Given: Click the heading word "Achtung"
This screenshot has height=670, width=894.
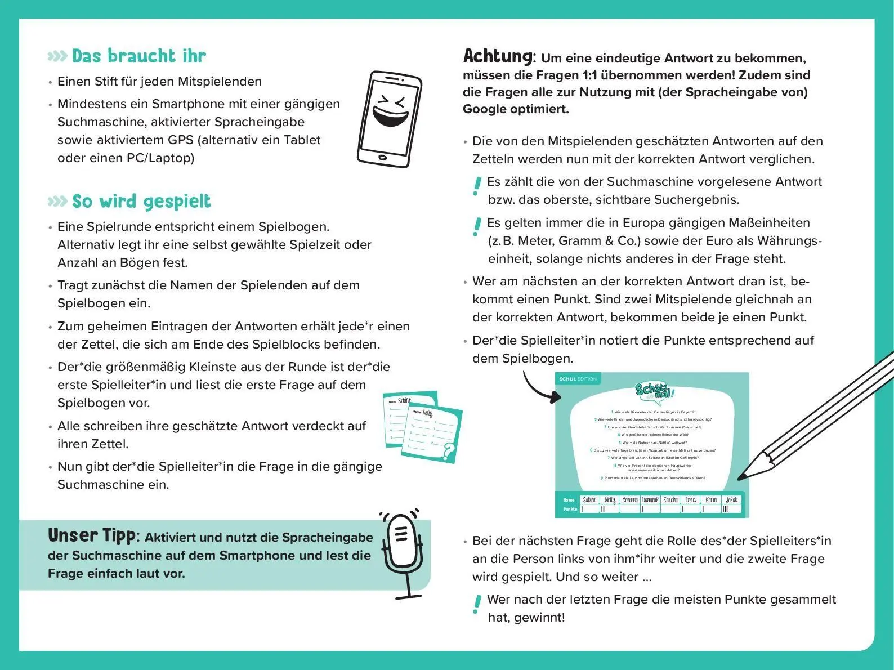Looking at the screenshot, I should (497, 56).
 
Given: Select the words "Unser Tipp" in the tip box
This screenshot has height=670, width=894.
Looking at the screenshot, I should (91, 535).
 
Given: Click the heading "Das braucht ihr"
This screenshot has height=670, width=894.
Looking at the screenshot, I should (138, 56).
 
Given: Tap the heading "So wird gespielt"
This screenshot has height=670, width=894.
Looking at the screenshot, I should (141, 201).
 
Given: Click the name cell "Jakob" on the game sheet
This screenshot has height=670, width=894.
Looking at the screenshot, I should (731, 499).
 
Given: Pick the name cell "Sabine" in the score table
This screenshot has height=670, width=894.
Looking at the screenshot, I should (589, 499).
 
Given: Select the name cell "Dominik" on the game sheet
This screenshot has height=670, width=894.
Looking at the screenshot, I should (650, 499).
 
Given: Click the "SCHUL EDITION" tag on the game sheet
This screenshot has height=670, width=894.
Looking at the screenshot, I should (578, 379).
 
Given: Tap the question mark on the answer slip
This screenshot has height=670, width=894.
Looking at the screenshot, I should (449, 450).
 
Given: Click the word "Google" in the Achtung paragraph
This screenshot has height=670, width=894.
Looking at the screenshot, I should (485, 109).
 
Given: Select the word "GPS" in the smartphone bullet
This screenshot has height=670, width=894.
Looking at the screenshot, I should (180, 140).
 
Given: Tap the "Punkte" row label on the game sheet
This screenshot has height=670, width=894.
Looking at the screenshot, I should (570, 509).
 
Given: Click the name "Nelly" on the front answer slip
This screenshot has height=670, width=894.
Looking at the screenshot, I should (428, 414).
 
